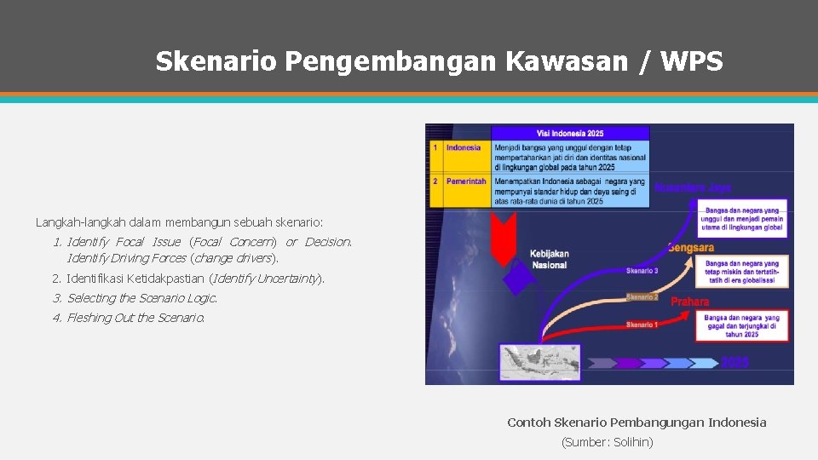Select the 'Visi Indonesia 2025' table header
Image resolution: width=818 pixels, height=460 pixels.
[570, 134]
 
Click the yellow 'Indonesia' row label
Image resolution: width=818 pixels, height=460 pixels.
[464, 147]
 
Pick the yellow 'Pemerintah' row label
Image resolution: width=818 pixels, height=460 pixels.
[466, 181]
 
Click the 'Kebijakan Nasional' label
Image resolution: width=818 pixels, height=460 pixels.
[549, 259]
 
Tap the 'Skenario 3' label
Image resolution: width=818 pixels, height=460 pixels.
[642, 271]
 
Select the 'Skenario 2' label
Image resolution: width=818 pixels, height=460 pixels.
[642, 296]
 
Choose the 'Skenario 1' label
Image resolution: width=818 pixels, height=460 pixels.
[642, 325]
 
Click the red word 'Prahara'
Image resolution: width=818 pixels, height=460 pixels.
[689, 302]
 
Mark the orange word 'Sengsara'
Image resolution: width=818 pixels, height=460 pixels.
[690, 247]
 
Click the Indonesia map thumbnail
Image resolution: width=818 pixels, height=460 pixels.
[539, 362]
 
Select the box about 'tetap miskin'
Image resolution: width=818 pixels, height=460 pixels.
[740, 271]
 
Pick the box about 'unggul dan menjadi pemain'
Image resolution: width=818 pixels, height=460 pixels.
[740, 219]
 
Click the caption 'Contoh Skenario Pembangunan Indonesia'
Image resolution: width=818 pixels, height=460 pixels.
[637, 423]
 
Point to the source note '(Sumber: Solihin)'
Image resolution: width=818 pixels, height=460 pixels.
[607, 442]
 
